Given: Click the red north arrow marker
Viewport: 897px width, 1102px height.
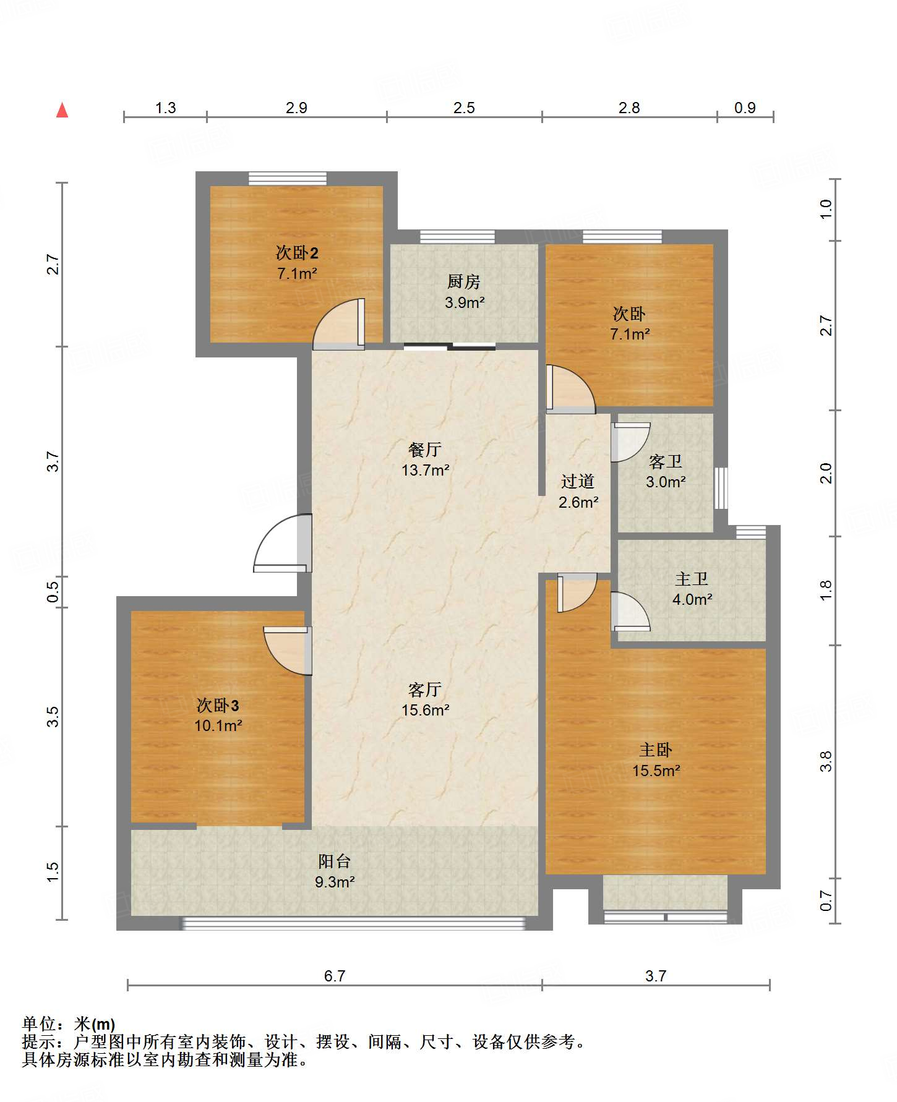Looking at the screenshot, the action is tap(62, 110).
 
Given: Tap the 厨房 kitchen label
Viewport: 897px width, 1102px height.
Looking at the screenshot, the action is tap(464, 282).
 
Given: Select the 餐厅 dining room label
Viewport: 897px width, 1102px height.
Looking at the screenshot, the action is tap(425, 450).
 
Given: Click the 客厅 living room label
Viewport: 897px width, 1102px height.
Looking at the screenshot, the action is tap(425, 690).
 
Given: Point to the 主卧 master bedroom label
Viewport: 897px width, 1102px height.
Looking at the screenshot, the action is tap(656, 750).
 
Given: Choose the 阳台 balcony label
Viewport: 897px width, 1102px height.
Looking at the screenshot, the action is tap(335, 861).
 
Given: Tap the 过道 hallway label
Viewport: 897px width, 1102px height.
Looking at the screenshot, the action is tap(578, 481).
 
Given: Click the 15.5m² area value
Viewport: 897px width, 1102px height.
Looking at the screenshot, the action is tap(656, 771).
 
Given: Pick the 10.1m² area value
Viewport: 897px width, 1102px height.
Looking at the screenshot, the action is tap(218, 725).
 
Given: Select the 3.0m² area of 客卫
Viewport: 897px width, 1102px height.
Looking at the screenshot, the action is tap(666, 482).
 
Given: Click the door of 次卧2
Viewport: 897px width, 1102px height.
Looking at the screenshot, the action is tap(339, 324).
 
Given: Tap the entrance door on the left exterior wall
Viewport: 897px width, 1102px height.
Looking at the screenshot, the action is tap(283, 544).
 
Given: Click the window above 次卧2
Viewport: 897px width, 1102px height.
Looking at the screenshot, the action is tap(288, 178).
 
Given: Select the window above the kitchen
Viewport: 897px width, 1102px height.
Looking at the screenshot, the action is tap(457, 236).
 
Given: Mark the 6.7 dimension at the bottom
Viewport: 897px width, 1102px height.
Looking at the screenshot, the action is tap(335, 976).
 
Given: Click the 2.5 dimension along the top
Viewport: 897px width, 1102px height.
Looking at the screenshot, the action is tap(464, 108).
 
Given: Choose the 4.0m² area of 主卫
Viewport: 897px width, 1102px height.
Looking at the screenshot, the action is tap(692, 599).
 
